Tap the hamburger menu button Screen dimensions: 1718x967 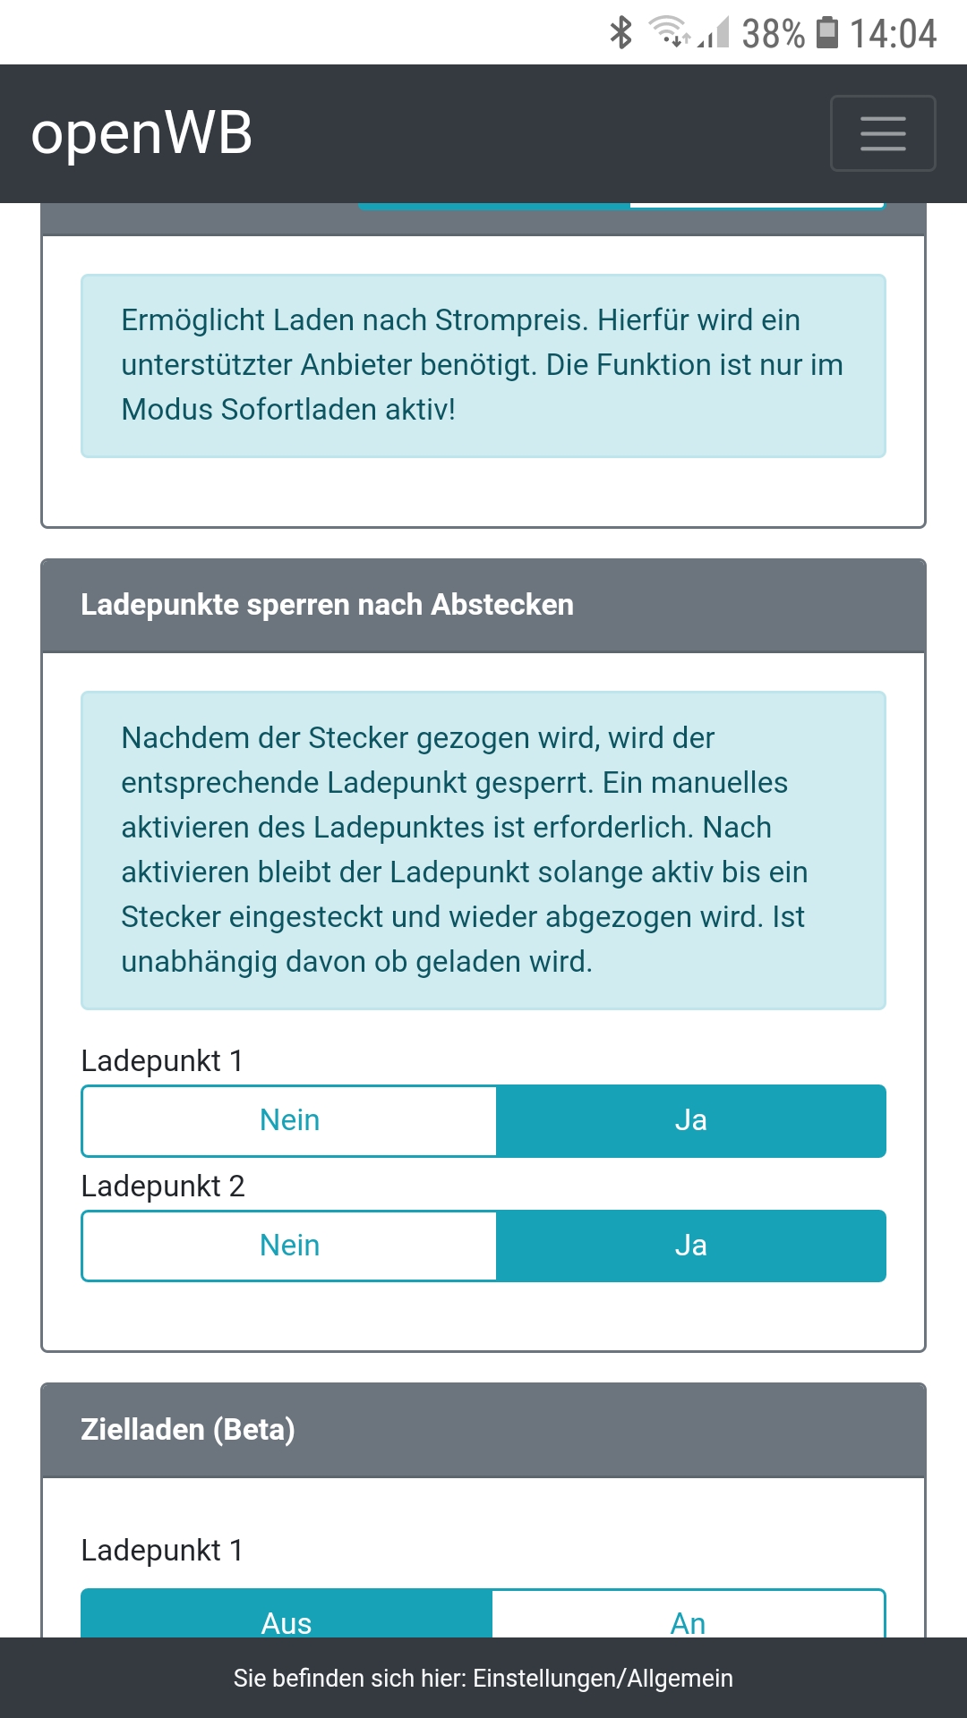point(883,132)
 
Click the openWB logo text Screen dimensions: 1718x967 point(141,133)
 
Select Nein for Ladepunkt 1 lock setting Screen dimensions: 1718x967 point(289,1120)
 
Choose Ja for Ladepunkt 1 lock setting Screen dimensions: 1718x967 point(690,1120)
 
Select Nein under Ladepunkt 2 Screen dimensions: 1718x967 point(289,1246)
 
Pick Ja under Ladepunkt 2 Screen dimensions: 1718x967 point(690,1246)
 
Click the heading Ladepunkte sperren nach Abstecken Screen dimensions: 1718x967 point(327,605)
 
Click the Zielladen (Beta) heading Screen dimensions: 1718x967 point(188,1429)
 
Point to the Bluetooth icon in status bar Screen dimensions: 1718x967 point(620,32)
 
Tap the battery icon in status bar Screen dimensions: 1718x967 point(828,32)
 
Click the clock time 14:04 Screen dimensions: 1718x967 point(893,34)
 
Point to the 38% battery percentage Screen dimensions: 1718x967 point(773,34)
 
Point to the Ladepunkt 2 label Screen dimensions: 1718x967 point(163,1186)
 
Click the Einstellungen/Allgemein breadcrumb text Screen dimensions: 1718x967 point(603,1678)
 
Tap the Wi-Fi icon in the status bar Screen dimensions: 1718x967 point(669,30)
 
